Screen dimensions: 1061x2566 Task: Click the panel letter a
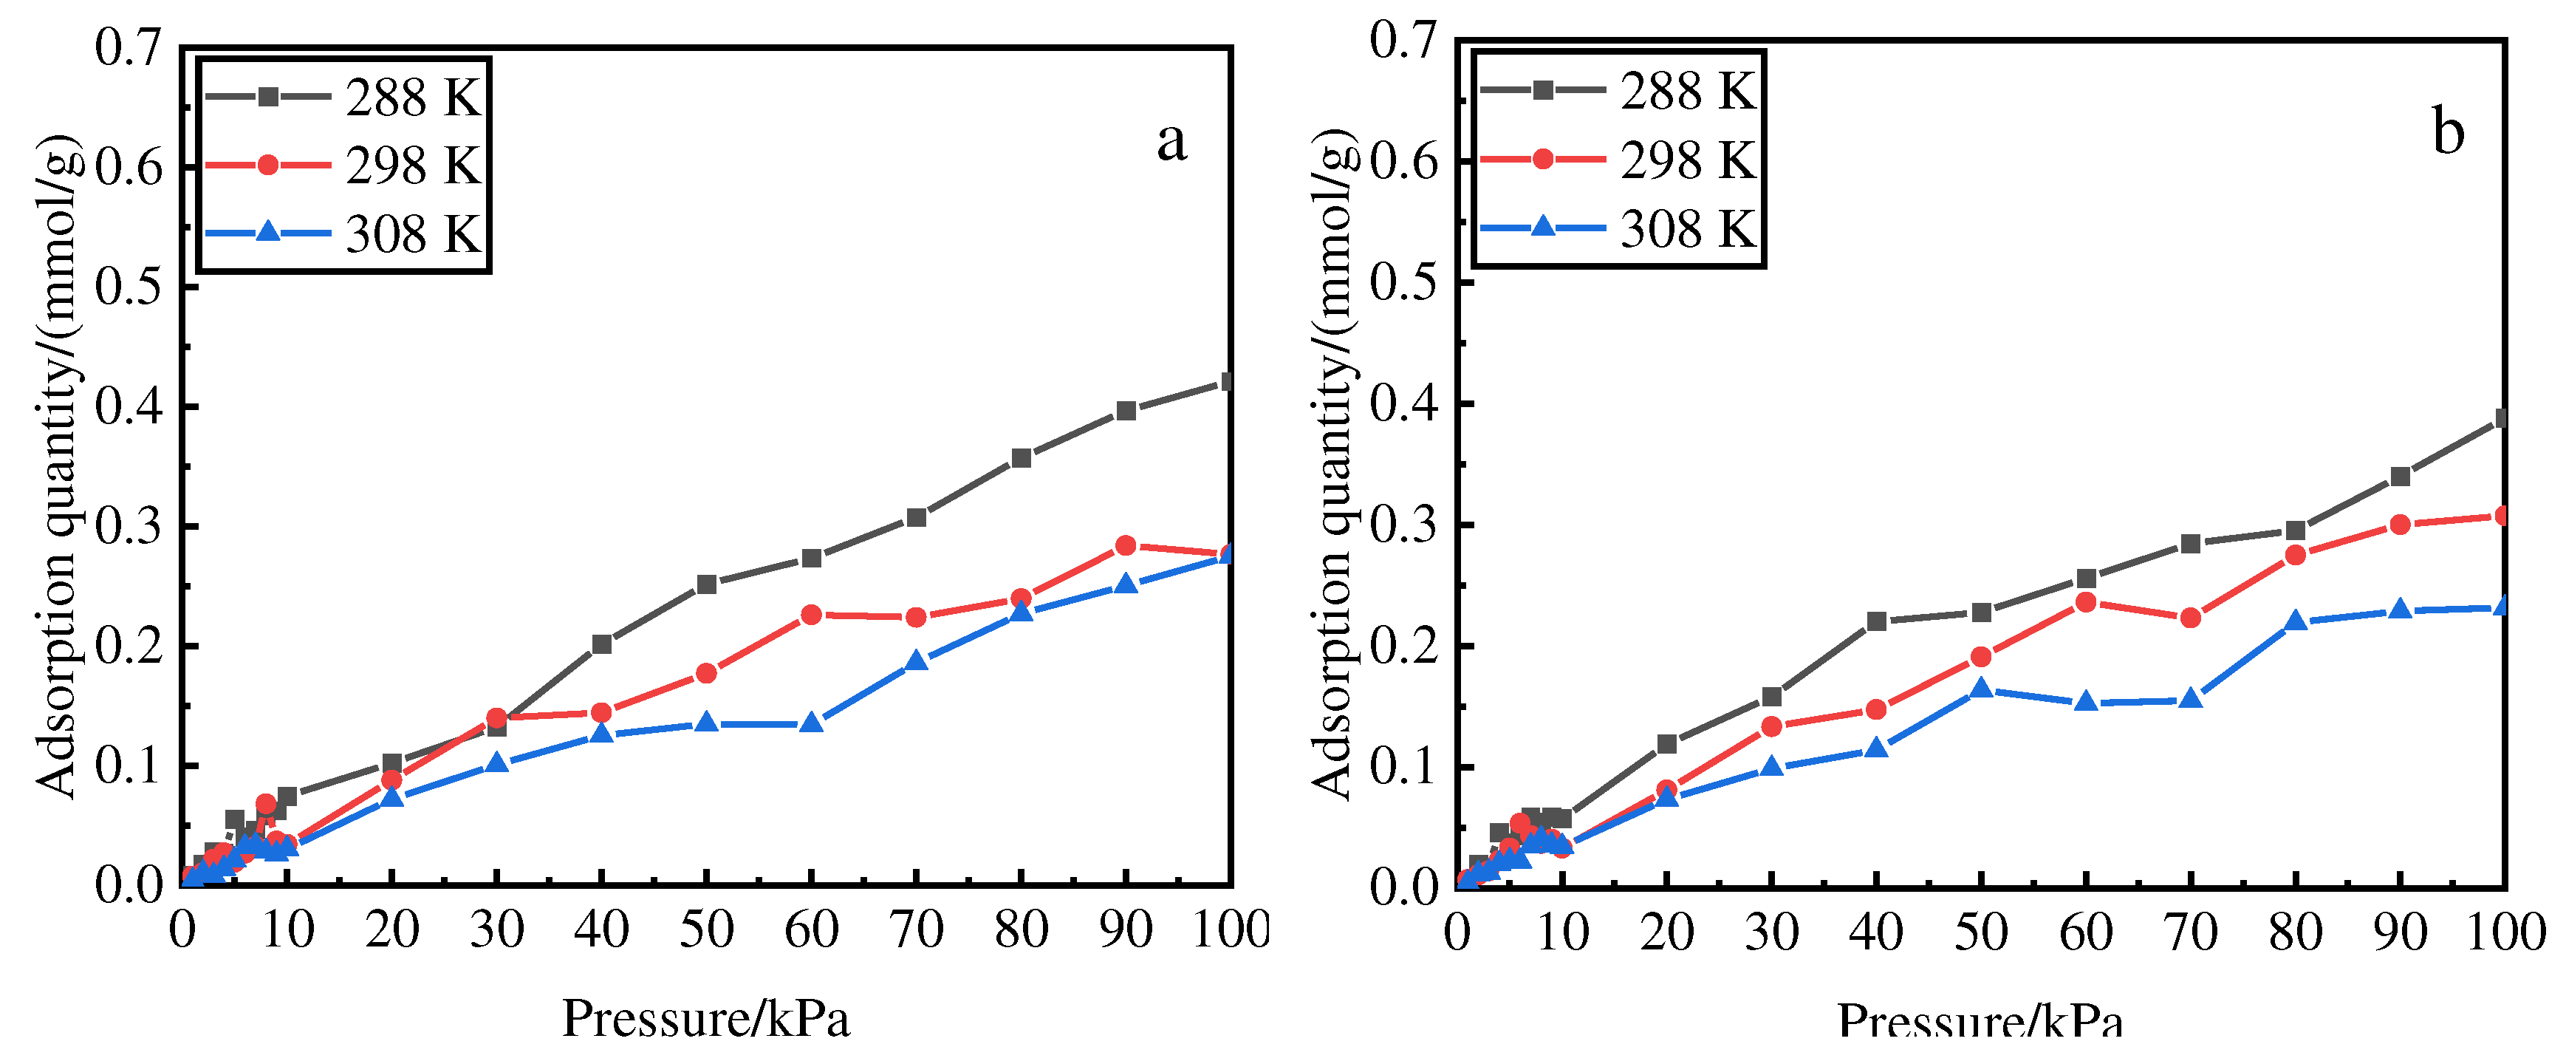point(1171,140)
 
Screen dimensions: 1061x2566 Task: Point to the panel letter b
point(2448,132)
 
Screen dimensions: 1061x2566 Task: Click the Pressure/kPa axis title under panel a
point(705,1018)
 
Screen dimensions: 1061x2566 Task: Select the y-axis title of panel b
point(1332,463)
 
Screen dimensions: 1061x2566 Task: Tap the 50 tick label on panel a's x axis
point(706,930)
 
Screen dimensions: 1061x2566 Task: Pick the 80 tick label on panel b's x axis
point(2295,933)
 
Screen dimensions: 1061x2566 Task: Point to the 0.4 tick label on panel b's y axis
point(1403,403)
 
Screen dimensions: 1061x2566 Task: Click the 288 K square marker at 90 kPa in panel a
point(1126,411)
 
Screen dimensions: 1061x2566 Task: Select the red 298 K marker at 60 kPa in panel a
point(811,615)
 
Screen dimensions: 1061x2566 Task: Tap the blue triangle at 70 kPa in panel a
point(917,661)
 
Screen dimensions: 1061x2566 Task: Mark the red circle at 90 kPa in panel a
point(1126,545)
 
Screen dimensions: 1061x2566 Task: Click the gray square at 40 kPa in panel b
point(1875,621)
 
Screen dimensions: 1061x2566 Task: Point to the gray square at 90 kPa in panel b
point(2400,477)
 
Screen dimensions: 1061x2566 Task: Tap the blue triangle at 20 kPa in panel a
point(391,797)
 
